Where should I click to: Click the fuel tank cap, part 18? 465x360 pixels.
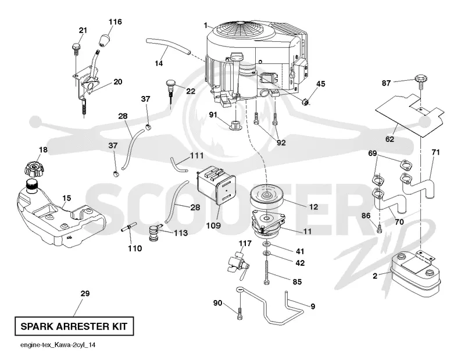34,169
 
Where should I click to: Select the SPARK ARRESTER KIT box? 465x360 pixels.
74,326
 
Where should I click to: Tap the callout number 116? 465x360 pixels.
115,22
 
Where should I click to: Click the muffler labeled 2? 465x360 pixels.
413,273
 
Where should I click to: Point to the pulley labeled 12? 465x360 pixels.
267,197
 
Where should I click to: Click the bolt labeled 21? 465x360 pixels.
76,49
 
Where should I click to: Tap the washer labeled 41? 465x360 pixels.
267,244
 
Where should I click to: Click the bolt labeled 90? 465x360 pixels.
240,313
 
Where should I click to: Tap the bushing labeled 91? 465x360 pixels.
236,125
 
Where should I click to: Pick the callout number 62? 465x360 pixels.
389,138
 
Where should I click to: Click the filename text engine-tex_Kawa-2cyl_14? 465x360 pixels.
58,345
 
